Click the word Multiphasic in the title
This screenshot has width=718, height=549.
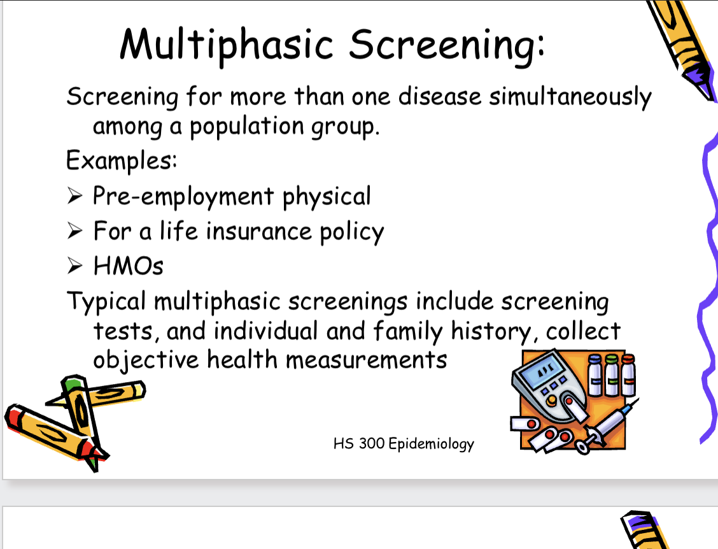[227, 45]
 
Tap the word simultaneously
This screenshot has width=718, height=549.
[570, 97]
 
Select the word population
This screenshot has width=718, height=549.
[247, 127]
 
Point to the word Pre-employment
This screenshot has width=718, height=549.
[183, 197]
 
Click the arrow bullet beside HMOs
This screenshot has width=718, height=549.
[74, 266]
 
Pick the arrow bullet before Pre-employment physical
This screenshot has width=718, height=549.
[74, 196]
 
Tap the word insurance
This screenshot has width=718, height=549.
[258, 231]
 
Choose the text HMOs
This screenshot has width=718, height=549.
[128, 266]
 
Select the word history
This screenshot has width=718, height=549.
[491, 331]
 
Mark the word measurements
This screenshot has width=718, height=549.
[367, 360]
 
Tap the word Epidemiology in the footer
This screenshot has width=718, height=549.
[432, 444]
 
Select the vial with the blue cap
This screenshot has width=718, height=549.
[595, 375]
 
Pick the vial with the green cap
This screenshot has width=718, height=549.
[612, 375]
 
